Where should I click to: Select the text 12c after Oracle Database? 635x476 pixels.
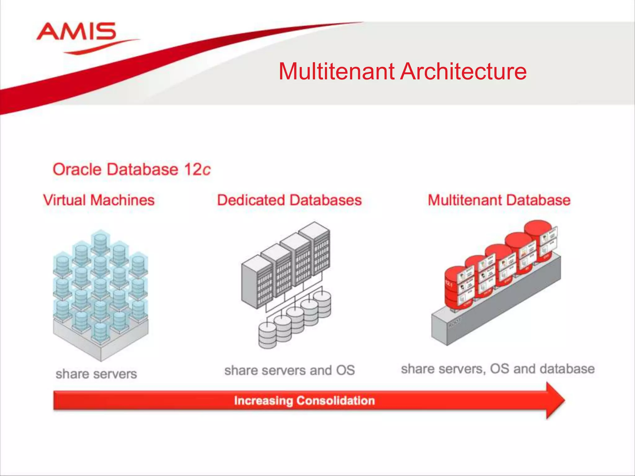pos(197,170)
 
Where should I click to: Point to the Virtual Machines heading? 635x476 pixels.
pos(99,200)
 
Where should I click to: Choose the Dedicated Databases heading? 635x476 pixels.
pos(289,200)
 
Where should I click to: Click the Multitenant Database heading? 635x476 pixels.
pos(499,200)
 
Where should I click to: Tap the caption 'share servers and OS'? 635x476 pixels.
pos(289,370)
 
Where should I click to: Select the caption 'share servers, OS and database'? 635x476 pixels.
pos(498,369)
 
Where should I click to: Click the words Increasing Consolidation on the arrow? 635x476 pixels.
pos(304,400)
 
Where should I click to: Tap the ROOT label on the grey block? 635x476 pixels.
pos(455,322)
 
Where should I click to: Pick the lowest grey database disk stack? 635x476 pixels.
pos(267,336)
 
